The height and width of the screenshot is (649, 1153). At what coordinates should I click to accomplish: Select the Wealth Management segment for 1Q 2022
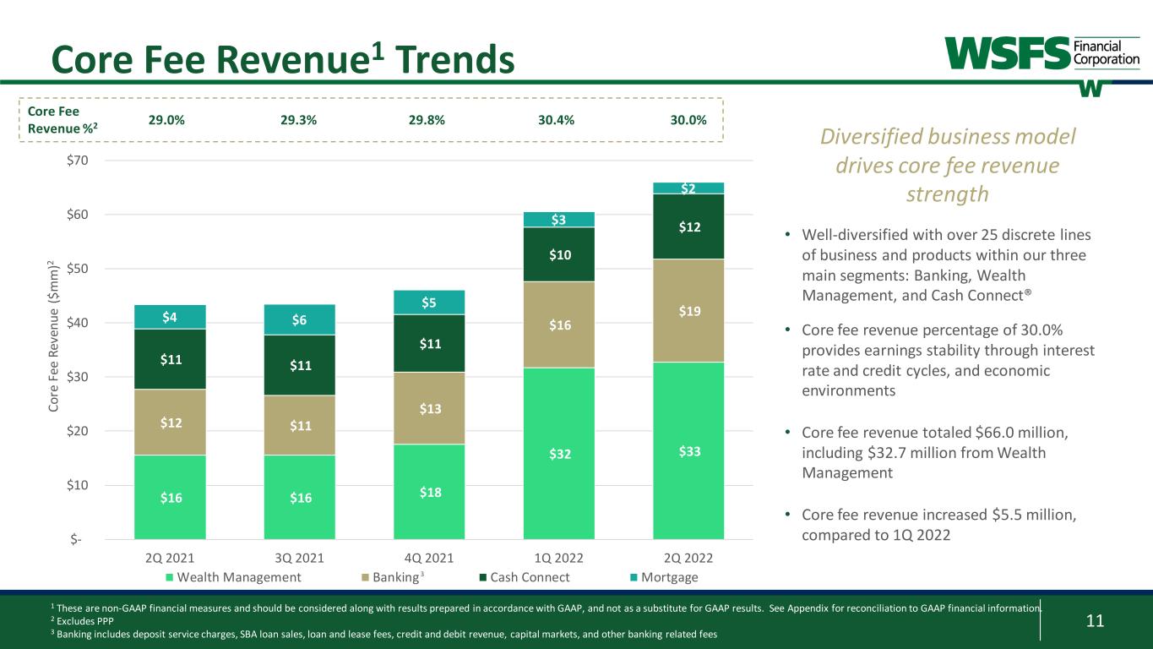click(x=559, y=453)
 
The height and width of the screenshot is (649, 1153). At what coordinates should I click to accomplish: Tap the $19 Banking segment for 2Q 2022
click(x=688, y=310)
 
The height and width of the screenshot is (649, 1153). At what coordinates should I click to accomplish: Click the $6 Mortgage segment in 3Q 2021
click(x=299, y=319)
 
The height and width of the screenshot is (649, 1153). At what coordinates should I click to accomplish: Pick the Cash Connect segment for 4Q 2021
click(x=429, y=343)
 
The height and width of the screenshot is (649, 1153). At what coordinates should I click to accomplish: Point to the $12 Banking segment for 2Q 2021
click(x=169, y=422)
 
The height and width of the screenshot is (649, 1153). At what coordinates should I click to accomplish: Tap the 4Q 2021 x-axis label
click(x=429, y=558)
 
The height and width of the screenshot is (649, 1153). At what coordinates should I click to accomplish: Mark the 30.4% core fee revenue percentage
click(x=556, y=120)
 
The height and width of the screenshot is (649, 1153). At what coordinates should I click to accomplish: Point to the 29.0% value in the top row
click(x=167, y=120)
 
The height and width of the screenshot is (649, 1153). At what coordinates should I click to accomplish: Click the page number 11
click(x=1095, y=622)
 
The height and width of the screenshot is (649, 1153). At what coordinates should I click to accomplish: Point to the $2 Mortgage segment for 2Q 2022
click(x=688, y=188)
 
